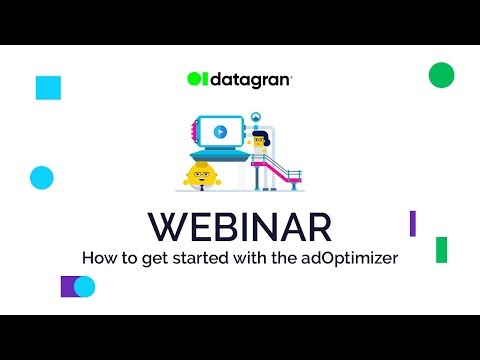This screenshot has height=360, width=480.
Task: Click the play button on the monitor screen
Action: click(x=220, y=132)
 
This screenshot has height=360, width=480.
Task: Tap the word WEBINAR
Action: click(x=240, y=227)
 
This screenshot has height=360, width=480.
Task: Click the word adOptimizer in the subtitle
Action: click(x=350, y=259)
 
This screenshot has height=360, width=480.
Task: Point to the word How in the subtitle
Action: click(x=100, y=258)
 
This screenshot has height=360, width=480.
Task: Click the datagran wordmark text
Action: click(x=251, y=80)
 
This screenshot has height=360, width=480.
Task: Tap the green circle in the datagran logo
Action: click(x=194, y=79)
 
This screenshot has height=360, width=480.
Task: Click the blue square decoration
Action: click(x=48, y=88)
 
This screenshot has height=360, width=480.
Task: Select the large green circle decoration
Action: click(x=441, y=75)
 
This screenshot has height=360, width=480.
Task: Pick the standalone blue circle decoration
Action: click(x=42, y=178)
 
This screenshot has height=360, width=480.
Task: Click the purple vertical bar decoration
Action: click(x=413, y=223)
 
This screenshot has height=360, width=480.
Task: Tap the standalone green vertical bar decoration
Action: click(x=441, y=250)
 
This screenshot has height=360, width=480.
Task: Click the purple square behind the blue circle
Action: click(x=67, y=286)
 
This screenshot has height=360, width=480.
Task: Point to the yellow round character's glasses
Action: click(x=202, y=174)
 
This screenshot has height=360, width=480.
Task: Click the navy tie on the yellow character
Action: click(x=202, y=188)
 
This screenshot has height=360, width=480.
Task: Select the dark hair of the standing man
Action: click(x=263, y=136)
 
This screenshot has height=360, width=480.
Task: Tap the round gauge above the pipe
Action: click(x=256, y=117)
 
